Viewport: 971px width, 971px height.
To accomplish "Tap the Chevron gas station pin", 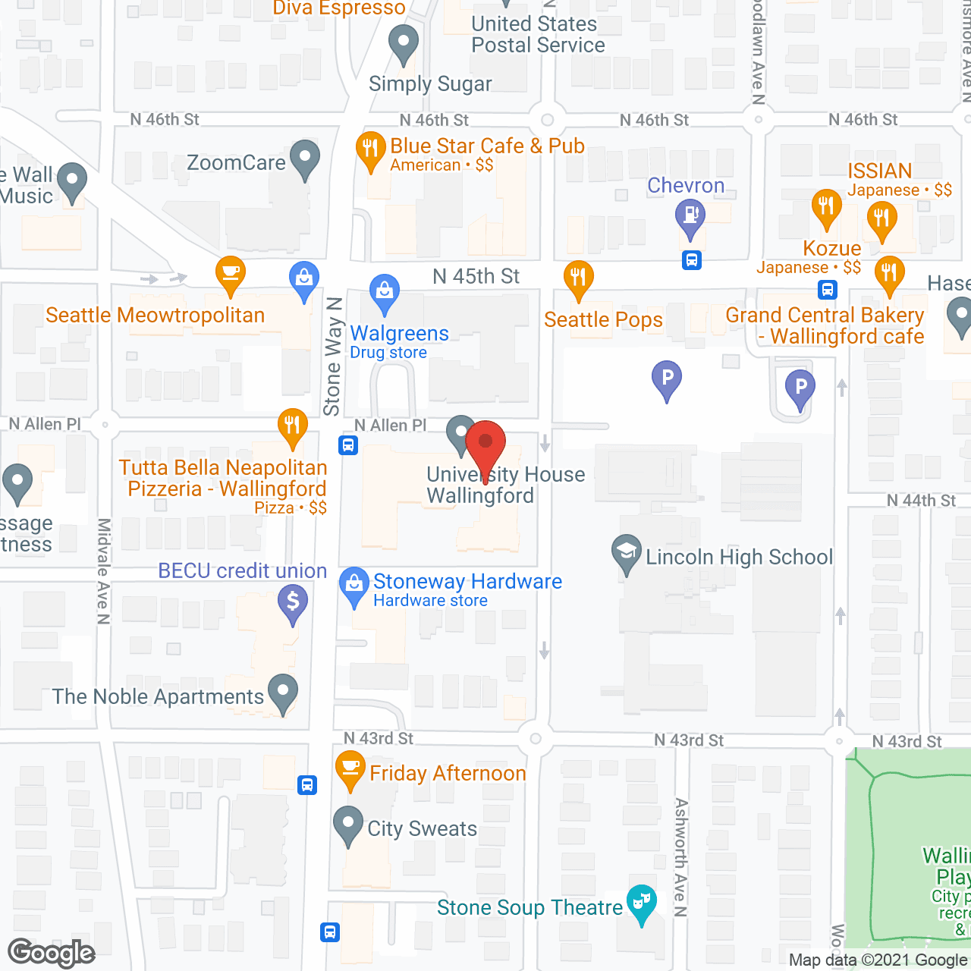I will tap(690, 215).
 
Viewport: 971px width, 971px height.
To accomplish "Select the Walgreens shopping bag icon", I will tap(385, 291).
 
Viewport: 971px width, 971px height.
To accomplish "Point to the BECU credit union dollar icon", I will tap(293, 603).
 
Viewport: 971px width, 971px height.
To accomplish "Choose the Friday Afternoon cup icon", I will tap(350, 768).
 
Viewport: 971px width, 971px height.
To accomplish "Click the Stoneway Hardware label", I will tap(467, 582).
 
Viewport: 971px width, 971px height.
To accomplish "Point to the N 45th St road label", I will tap(476, 276).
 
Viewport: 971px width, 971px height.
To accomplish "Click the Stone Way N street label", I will tap(332, 357).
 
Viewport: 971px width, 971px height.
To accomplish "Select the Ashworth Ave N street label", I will tap(680, 856).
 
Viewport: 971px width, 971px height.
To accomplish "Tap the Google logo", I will tap(52, 953).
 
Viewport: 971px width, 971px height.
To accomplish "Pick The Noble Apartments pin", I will tap(284, 692).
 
